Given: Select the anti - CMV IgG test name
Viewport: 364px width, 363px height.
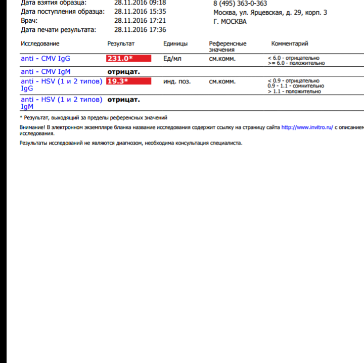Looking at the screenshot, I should [x=45, y=59].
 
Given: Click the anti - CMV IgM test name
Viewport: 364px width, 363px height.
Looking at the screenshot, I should [x=45, y=72].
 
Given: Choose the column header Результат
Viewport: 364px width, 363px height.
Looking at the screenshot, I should [x=121, y=44].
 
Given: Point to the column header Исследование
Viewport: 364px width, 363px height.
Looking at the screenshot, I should [x=40, y=44].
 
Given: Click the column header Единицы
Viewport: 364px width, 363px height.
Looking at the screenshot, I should [x=175, y=44].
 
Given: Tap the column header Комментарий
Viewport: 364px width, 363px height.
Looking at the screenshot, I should [x=290, y=44].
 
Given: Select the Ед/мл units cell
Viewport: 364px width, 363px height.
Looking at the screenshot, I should [x=172, y=59].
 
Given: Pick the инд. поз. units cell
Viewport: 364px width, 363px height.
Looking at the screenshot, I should [x=177, y=81].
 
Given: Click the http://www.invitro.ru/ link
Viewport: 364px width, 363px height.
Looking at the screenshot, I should [x=307, y=128].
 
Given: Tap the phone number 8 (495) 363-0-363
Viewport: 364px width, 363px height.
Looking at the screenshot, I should [x=240, y=4].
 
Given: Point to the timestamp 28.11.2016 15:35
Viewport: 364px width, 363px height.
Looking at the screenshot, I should [x=140, y=11].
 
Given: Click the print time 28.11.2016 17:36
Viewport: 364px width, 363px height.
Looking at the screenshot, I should [x=140, y=30].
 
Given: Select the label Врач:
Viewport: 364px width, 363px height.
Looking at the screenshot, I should [x=29, y=21].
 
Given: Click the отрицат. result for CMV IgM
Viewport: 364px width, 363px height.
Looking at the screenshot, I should [x=123, y=72].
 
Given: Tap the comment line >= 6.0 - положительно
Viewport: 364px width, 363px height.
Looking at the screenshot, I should [x=296, y=64].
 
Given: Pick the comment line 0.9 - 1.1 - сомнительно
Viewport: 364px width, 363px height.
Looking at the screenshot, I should [x=296, y=86].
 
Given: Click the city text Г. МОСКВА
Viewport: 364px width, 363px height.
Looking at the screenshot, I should [x=230, y=22].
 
